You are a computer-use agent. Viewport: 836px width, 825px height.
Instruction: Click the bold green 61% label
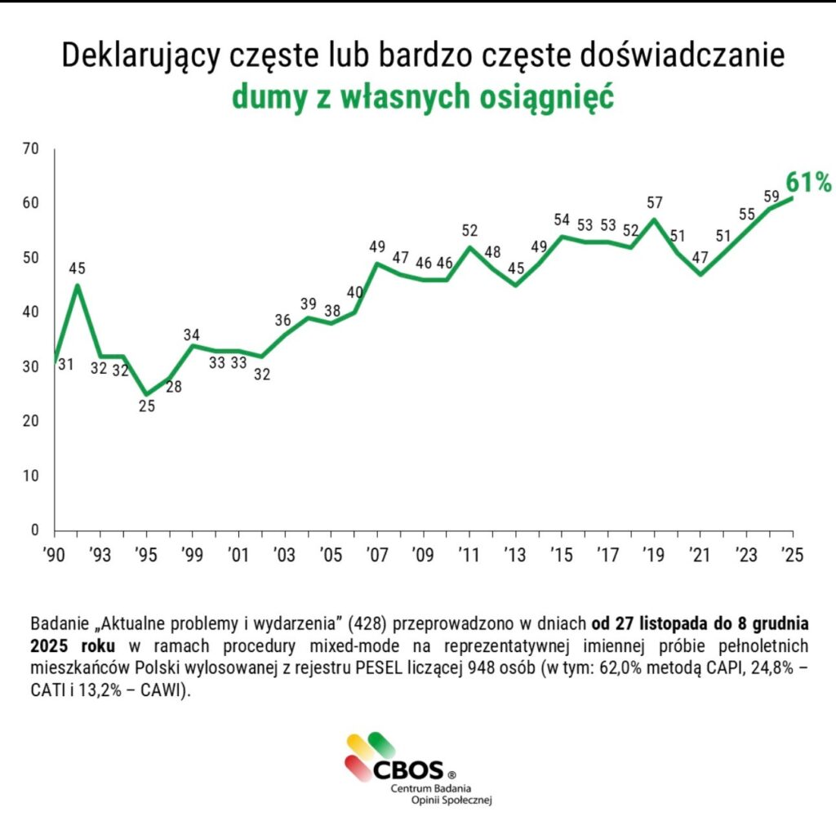[807, 182]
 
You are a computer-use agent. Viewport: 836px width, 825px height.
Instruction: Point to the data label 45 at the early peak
[77, 267]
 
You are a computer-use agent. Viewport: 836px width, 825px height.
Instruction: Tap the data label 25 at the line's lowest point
[147, 406]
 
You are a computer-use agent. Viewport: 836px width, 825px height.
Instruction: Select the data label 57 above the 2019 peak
[655, 202]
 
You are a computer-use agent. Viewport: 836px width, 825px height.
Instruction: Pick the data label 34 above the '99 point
[192, 335]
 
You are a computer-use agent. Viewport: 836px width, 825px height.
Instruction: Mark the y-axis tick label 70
[32, 149]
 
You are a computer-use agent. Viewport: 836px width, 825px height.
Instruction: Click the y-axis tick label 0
[35, 530]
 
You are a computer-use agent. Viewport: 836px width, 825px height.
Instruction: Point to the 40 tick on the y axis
[32, 313]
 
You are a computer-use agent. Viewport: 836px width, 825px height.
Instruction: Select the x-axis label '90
[55, 555]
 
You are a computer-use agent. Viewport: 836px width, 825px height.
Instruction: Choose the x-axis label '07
[377, 555]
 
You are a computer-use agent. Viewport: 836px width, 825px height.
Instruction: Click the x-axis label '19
[653, 555]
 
